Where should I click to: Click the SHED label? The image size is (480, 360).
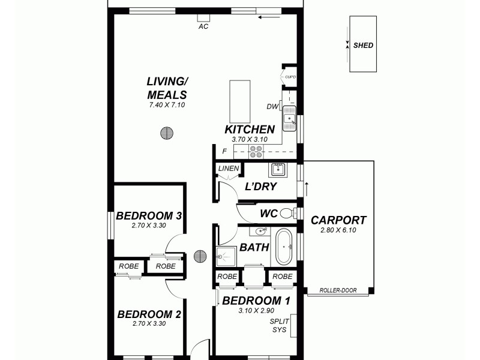point(363,45)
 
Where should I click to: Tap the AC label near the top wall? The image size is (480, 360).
point(203,26)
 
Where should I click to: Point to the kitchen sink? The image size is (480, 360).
point(289,119)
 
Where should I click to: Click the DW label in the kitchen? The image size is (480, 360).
point(272,107)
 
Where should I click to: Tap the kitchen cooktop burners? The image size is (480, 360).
point(256,151)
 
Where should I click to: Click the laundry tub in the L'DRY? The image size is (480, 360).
point(278,169)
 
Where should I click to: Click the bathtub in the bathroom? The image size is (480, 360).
point(283,246)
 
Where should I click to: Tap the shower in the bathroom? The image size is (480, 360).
point(227,257)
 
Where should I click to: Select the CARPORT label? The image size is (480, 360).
point(338,220)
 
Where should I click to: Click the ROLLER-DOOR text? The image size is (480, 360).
point(338,290)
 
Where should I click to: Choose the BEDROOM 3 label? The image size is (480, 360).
point(149,216)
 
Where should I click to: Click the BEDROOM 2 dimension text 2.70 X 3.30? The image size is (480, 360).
point(149,323)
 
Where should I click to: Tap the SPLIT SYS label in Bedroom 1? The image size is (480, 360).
point(279,326)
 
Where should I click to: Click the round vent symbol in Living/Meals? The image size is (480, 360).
point(167,133)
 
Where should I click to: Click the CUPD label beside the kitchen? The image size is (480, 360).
point(290,77)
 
